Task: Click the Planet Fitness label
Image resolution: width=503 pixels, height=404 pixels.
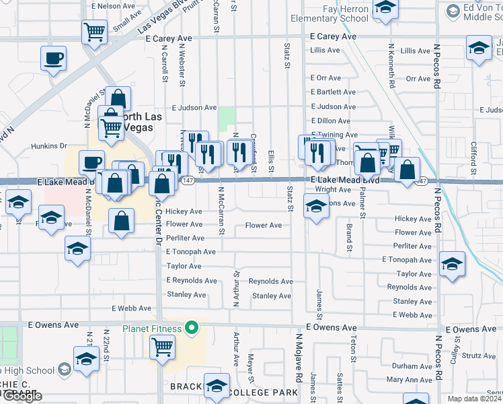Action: [151, 329]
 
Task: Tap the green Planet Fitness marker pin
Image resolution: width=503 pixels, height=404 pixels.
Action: [192, 329]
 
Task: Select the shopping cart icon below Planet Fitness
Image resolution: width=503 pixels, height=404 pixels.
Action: [163, 347]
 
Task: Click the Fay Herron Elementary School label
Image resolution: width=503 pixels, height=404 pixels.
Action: [330, 14]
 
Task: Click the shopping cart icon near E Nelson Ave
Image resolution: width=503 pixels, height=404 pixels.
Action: [95, 30]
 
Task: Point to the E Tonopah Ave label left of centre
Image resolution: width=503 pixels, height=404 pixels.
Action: [191, 252]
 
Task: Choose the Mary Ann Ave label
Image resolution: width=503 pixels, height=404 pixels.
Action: [410, 380]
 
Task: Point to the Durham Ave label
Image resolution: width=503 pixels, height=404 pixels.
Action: [412, 366]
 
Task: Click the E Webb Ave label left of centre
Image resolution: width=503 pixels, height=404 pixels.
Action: [132, 308]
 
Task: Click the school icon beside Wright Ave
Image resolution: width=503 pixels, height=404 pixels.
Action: [316, 207]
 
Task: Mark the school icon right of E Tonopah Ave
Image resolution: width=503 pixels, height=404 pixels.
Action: [452, 264]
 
